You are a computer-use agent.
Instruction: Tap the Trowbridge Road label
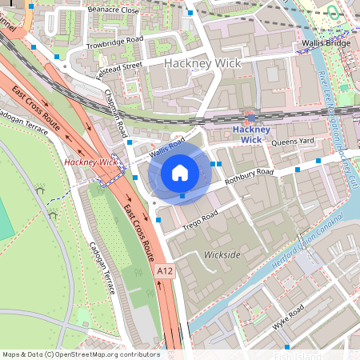tap(114, 39)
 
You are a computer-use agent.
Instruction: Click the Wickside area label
tap(222, 255)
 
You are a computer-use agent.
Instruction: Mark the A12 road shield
tap(165, 272)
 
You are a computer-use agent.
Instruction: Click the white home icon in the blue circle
tap(180, 172)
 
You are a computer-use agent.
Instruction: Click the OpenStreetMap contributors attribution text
tap(80, 354)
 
